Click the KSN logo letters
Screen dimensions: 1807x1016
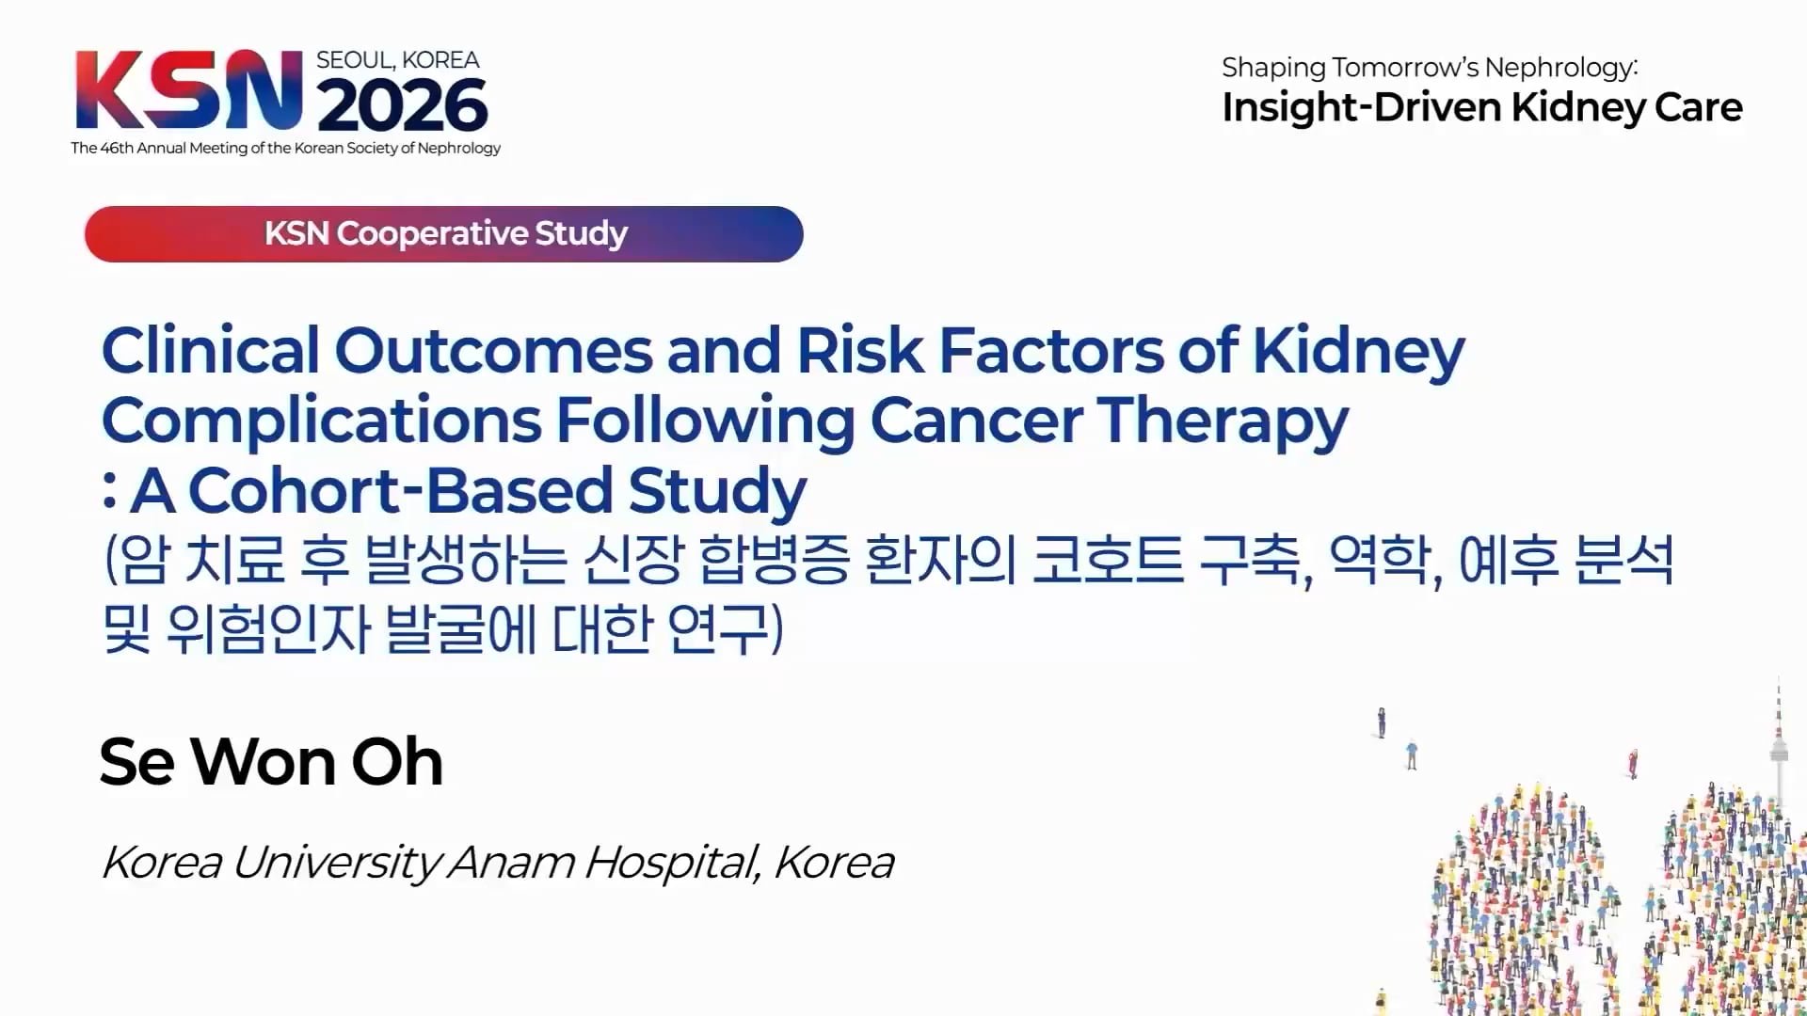click(189, 90)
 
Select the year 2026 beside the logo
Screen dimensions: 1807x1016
click(403, 105)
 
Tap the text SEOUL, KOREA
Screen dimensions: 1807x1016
click(398, 60)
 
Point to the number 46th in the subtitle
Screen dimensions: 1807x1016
click(117, 148)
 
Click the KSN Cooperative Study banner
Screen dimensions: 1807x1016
click(444, 233)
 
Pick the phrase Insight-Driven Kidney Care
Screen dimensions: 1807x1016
click(1482, 107)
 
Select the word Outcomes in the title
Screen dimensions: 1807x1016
click(493, 351)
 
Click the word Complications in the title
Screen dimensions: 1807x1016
click(322, 422)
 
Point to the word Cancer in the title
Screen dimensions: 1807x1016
click(976, 421)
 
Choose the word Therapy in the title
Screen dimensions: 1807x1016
click(1223, 422)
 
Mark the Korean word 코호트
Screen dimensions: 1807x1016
click(1108, 560)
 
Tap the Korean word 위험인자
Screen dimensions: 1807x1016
click(268, 629)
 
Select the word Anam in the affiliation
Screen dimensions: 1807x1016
click(511, 862)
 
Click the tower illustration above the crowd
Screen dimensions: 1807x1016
click(1778, 743)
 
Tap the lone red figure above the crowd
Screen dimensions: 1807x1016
click(1634, 763)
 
